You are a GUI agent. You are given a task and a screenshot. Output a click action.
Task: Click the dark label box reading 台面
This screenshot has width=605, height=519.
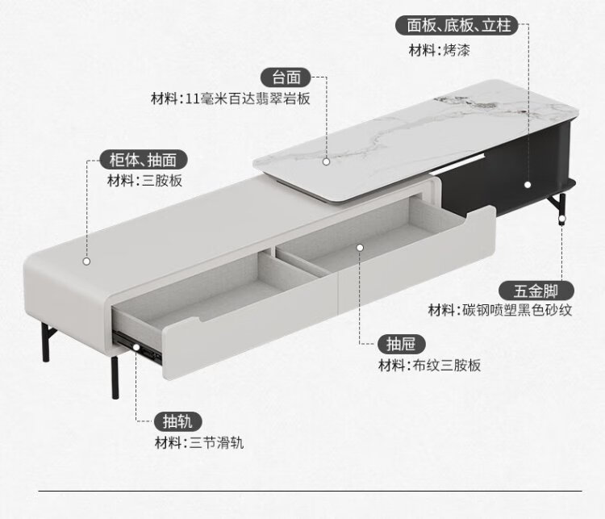(x=286, y=77)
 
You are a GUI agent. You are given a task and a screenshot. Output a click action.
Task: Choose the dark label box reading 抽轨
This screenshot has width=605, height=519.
(x=177, y=421)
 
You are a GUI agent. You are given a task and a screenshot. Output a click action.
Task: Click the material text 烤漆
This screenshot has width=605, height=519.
(x=457, y=50)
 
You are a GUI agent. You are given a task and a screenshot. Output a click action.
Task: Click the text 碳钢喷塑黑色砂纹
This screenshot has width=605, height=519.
(x=516, y=310)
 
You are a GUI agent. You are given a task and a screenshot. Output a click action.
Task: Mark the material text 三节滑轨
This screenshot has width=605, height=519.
(x=215, y=442)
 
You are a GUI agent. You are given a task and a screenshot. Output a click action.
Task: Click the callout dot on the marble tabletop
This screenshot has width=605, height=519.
(x=326, y=161)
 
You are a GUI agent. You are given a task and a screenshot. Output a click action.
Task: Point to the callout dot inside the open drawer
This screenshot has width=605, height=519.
(x=360, y=247)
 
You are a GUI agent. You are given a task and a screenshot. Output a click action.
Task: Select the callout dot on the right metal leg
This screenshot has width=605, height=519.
(x=562, y=218)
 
